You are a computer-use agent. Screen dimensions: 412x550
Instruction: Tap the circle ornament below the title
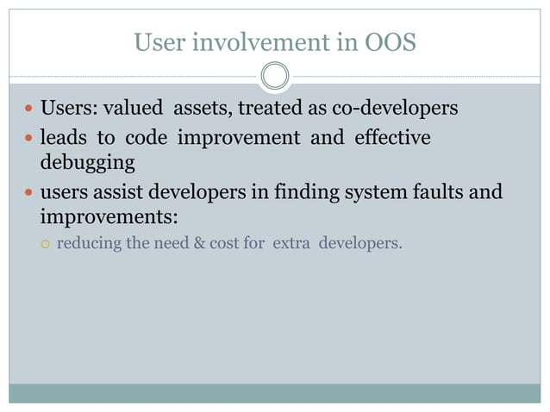coord(274,77)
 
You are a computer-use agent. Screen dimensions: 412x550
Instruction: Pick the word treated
coord(269,109)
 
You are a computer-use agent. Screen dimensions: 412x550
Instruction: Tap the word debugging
coord(87,162)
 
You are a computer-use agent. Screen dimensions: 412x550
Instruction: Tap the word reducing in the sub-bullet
coord(89,243)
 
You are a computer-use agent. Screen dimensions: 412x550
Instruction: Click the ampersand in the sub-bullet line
coord(201,243)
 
